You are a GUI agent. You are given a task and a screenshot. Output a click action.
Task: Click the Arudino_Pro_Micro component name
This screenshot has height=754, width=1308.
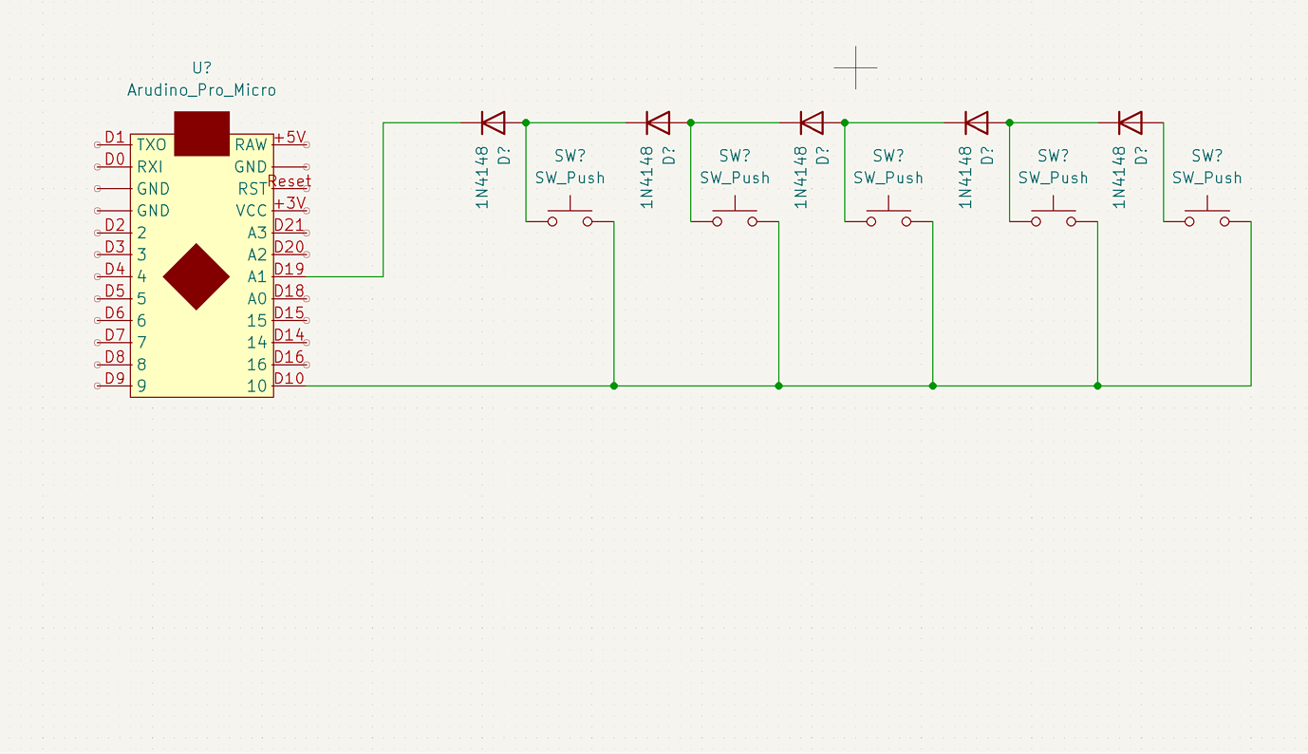click(201, 90)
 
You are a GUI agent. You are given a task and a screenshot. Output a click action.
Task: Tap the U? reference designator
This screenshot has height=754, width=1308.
click(201, 67)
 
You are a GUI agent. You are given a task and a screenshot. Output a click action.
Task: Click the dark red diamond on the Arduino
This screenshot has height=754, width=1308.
click(196, 276)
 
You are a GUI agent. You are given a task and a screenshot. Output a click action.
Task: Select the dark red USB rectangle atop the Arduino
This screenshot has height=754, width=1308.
click(201, 134)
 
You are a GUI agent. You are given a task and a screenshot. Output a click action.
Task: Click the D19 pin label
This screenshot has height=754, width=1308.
click(290, 269)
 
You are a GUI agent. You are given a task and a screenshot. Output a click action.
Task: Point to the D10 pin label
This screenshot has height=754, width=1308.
click(290, 378)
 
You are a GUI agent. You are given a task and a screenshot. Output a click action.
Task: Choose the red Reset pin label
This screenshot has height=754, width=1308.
click(290, 181)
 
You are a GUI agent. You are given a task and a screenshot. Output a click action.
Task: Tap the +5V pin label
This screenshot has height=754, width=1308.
click(290, 138)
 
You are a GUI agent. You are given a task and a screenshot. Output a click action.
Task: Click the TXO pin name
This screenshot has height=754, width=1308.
click(152, 145)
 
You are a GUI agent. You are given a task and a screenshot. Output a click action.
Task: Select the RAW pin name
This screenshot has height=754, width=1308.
click(252, 145)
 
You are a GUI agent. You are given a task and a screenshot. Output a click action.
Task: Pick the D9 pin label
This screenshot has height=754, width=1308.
click(115, 378)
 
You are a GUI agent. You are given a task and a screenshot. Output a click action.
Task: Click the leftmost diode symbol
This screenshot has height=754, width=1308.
click(493, 123)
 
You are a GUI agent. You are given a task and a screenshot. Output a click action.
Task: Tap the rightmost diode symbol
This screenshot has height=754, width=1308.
click(1130, 123)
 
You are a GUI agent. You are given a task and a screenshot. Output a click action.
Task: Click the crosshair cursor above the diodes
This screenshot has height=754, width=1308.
click(855, 67)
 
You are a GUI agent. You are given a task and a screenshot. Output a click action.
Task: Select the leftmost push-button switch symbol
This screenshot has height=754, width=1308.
click(570, 213)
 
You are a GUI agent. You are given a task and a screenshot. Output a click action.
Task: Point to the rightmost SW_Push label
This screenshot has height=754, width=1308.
click(1207, 178)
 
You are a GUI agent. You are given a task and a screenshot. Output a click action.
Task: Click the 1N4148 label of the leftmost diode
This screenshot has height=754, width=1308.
click(482, 178)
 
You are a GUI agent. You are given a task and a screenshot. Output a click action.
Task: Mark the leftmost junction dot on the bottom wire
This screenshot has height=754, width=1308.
click(614, 386)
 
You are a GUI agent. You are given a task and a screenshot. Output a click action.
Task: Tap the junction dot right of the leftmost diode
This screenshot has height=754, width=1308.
click(526, 123)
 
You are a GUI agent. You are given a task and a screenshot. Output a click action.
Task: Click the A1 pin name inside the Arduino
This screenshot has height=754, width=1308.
click(257, 276)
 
